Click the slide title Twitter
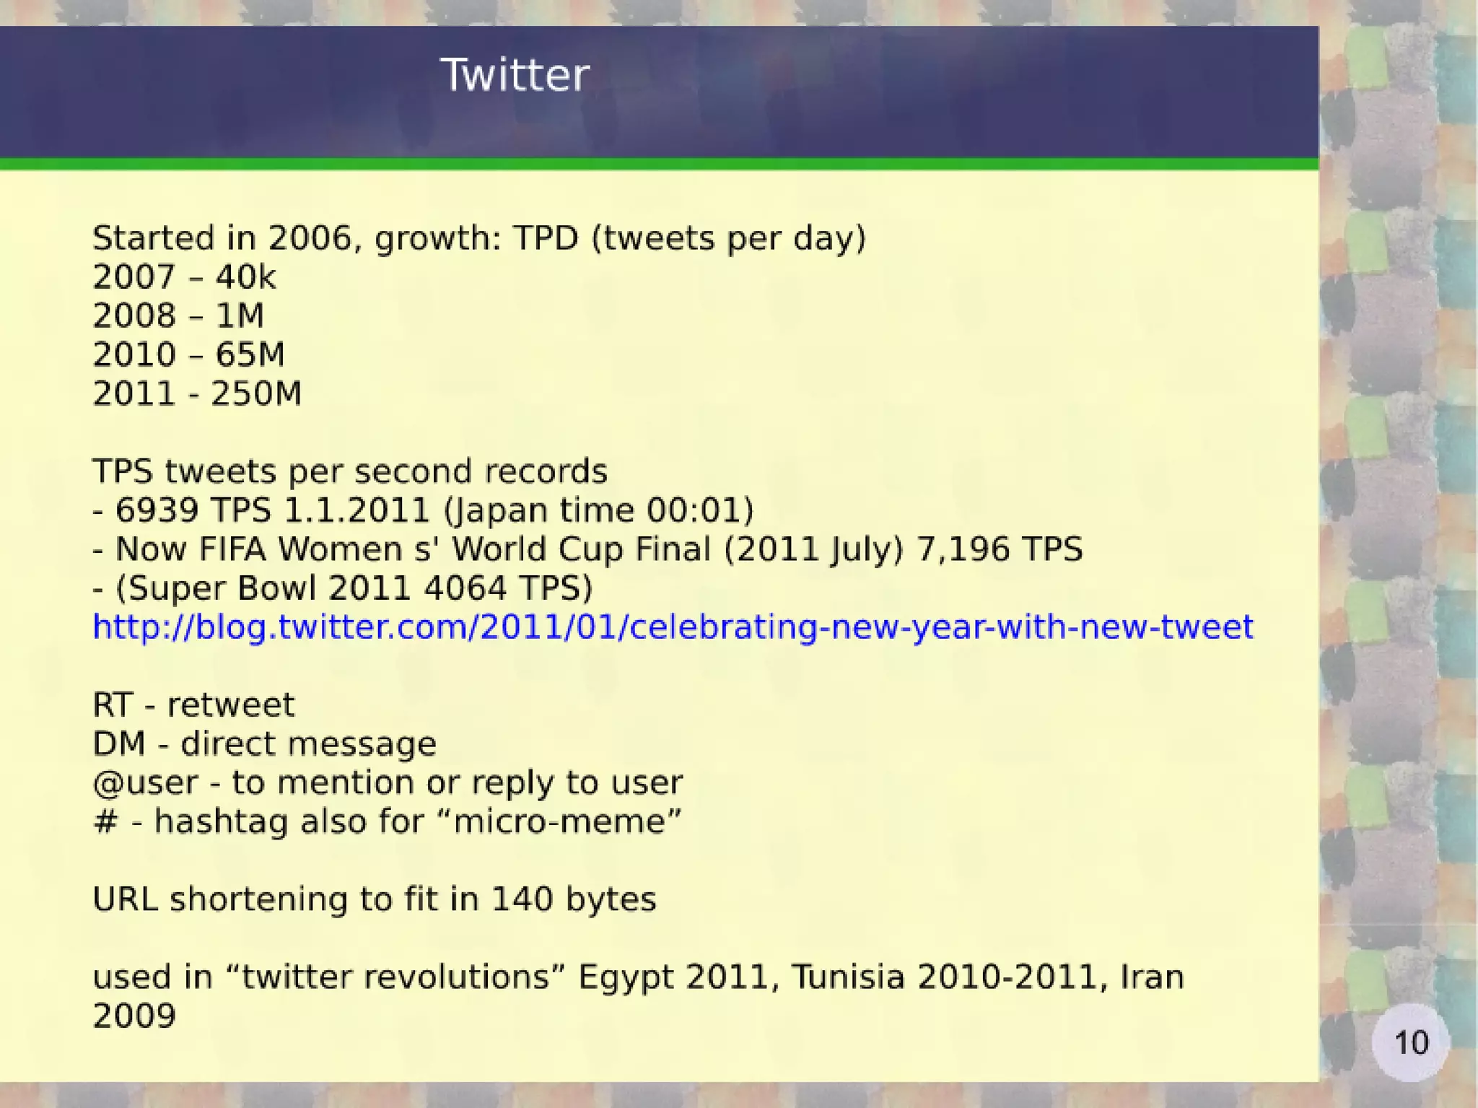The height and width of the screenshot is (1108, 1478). pos(515,75)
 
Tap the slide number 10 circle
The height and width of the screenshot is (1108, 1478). pos(1410,1042)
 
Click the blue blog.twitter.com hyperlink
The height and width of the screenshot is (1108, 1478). pos(673,627)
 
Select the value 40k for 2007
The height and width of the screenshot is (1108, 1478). pos(245,277)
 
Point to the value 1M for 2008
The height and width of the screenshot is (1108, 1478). pos(240,315)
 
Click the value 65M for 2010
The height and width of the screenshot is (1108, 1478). pos(250,354)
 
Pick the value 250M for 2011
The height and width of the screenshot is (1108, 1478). pos(256,393)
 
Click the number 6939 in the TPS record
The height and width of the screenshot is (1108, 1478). pos(157,510)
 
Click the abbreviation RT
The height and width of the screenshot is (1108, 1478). pos(113,705)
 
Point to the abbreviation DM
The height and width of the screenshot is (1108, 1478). pos(119,743)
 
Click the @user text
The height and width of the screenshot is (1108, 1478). pos(145,783)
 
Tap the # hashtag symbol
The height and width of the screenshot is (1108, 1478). pos(105,822)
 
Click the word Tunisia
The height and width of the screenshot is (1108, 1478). pos(848,977)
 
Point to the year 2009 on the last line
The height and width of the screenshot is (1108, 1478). pos(134,1016)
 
